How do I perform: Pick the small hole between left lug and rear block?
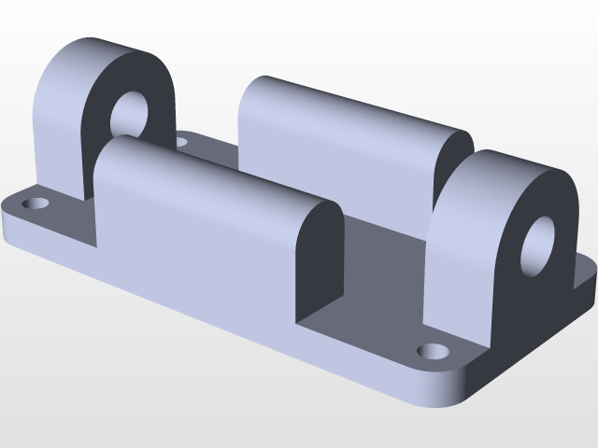click(181, 143)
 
